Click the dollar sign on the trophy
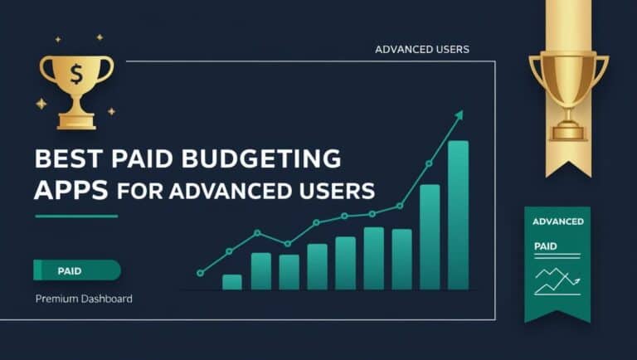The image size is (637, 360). point(75,75)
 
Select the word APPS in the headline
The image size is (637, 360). point(71,189)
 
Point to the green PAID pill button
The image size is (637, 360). point(76,270)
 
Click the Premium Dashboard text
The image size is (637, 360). point(84,298)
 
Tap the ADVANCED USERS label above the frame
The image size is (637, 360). point(421,49)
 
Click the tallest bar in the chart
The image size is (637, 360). point(458,215)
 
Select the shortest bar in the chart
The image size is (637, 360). point(232,281)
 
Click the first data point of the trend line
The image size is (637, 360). point(200,272)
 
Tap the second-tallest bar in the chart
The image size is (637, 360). point(430,236)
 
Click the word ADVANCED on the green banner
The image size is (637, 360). point(557,221)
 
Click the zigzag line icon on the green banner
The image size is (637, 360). point(557,280)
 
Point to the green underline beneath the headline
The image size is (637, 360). point(76,216)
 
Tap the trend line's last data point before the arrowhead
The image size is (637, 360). point(429,163)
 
